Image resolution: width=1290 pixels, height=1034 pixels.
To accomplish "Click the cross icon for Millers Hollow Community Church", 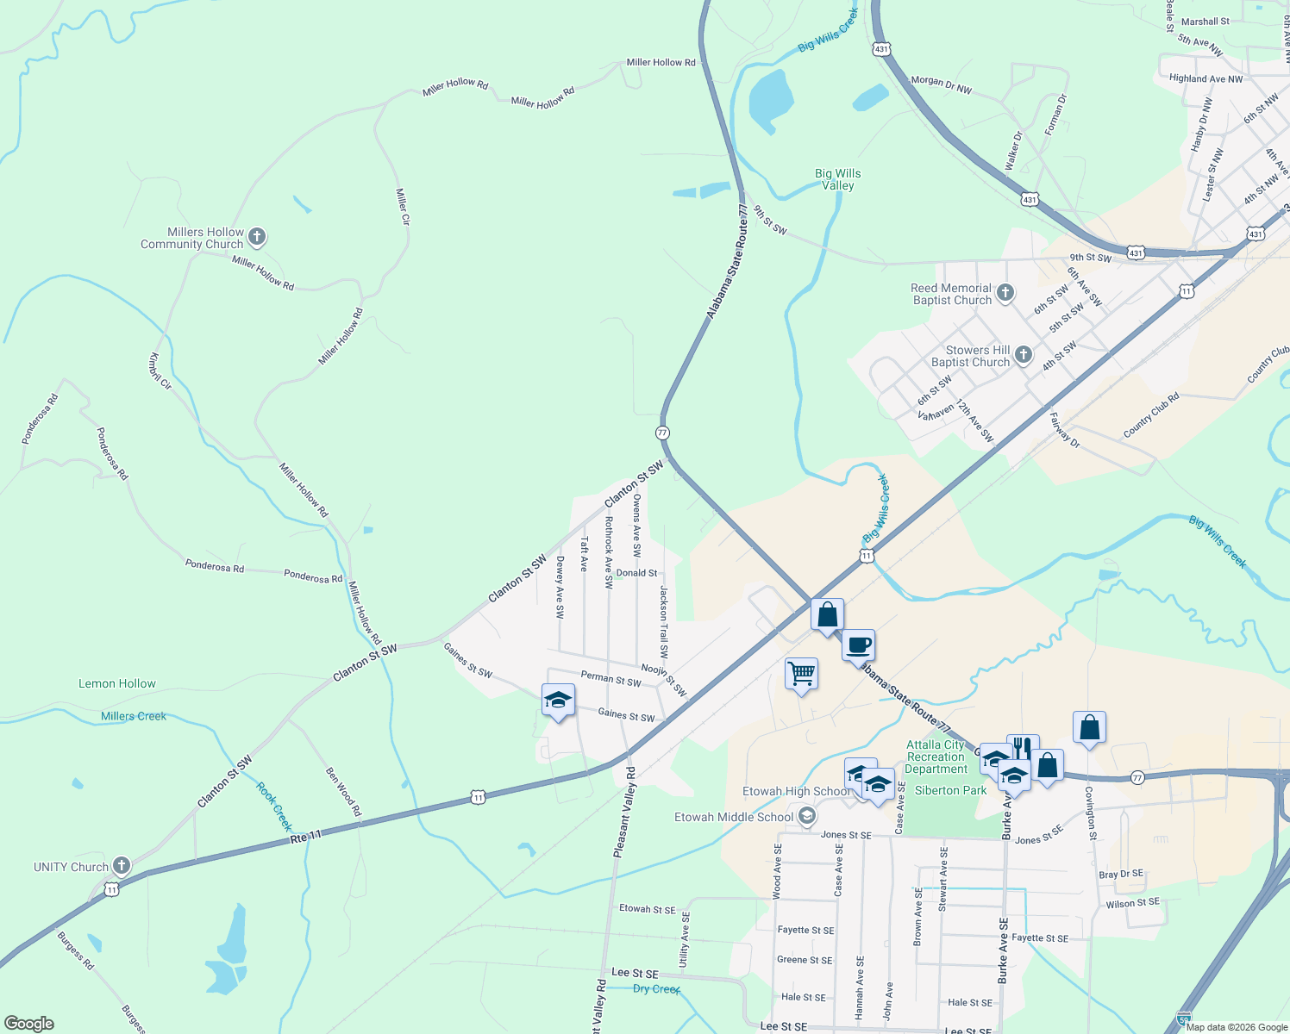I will tap(257, 237).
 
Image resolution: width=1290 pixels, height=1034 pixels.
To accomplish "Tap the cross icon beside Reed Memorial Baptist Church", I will tap(1005, 294).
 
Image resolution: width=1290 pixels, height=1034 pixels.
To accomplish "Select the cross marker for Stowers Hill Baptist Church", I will tap(1023, 355).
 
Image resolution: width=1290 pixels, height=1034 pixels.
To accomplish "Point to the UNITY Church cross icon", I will tap(121, 866).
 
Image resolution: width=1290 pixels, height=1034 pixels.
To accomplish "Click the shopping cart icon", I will tap(801, 674).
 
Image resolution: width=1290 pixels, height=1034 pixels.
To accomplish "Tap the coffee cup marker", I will tap(859, 645).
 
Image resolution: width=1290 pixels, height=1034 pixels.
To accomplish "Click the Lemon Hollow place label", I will tap(117, 683).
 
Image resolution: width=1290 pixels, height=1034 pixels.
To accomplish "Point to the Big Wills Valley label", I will tap(837, 179).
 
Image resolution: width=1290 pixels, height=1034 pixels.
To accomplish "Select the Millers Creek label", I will tap(134, 716).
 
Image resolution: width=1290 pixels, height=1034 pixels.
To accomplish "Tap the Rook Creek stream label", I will tap(274, 807).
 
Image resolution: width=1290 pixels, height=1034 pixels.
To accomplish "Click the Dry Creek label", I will tap(656, 988).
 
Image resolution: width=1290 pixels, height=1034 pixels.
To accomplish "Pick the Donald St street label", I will tap(636, 573).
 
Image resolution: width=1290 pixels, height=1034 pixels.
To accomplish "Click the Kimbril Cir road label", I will tap(160, 371).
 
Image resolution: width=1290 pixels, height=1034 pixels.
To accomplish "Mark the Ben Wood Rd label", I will tap(343, 792).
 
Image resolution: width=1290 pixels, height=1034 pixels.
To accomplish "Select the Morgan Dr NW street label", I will tap(941, 84).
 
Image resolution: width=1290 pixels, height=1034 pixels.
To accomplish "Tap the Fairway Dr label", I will tap(1064, 429).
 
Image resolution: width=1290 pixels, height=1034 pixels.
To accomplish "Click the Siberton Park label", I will tap(950, 790).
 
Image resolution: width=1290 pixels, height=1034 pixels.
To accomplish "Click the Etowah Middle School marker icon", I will tap(807, 816).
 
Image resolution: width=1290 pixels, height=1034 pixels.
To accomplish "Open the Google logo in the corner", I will tap(28, 1023).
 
